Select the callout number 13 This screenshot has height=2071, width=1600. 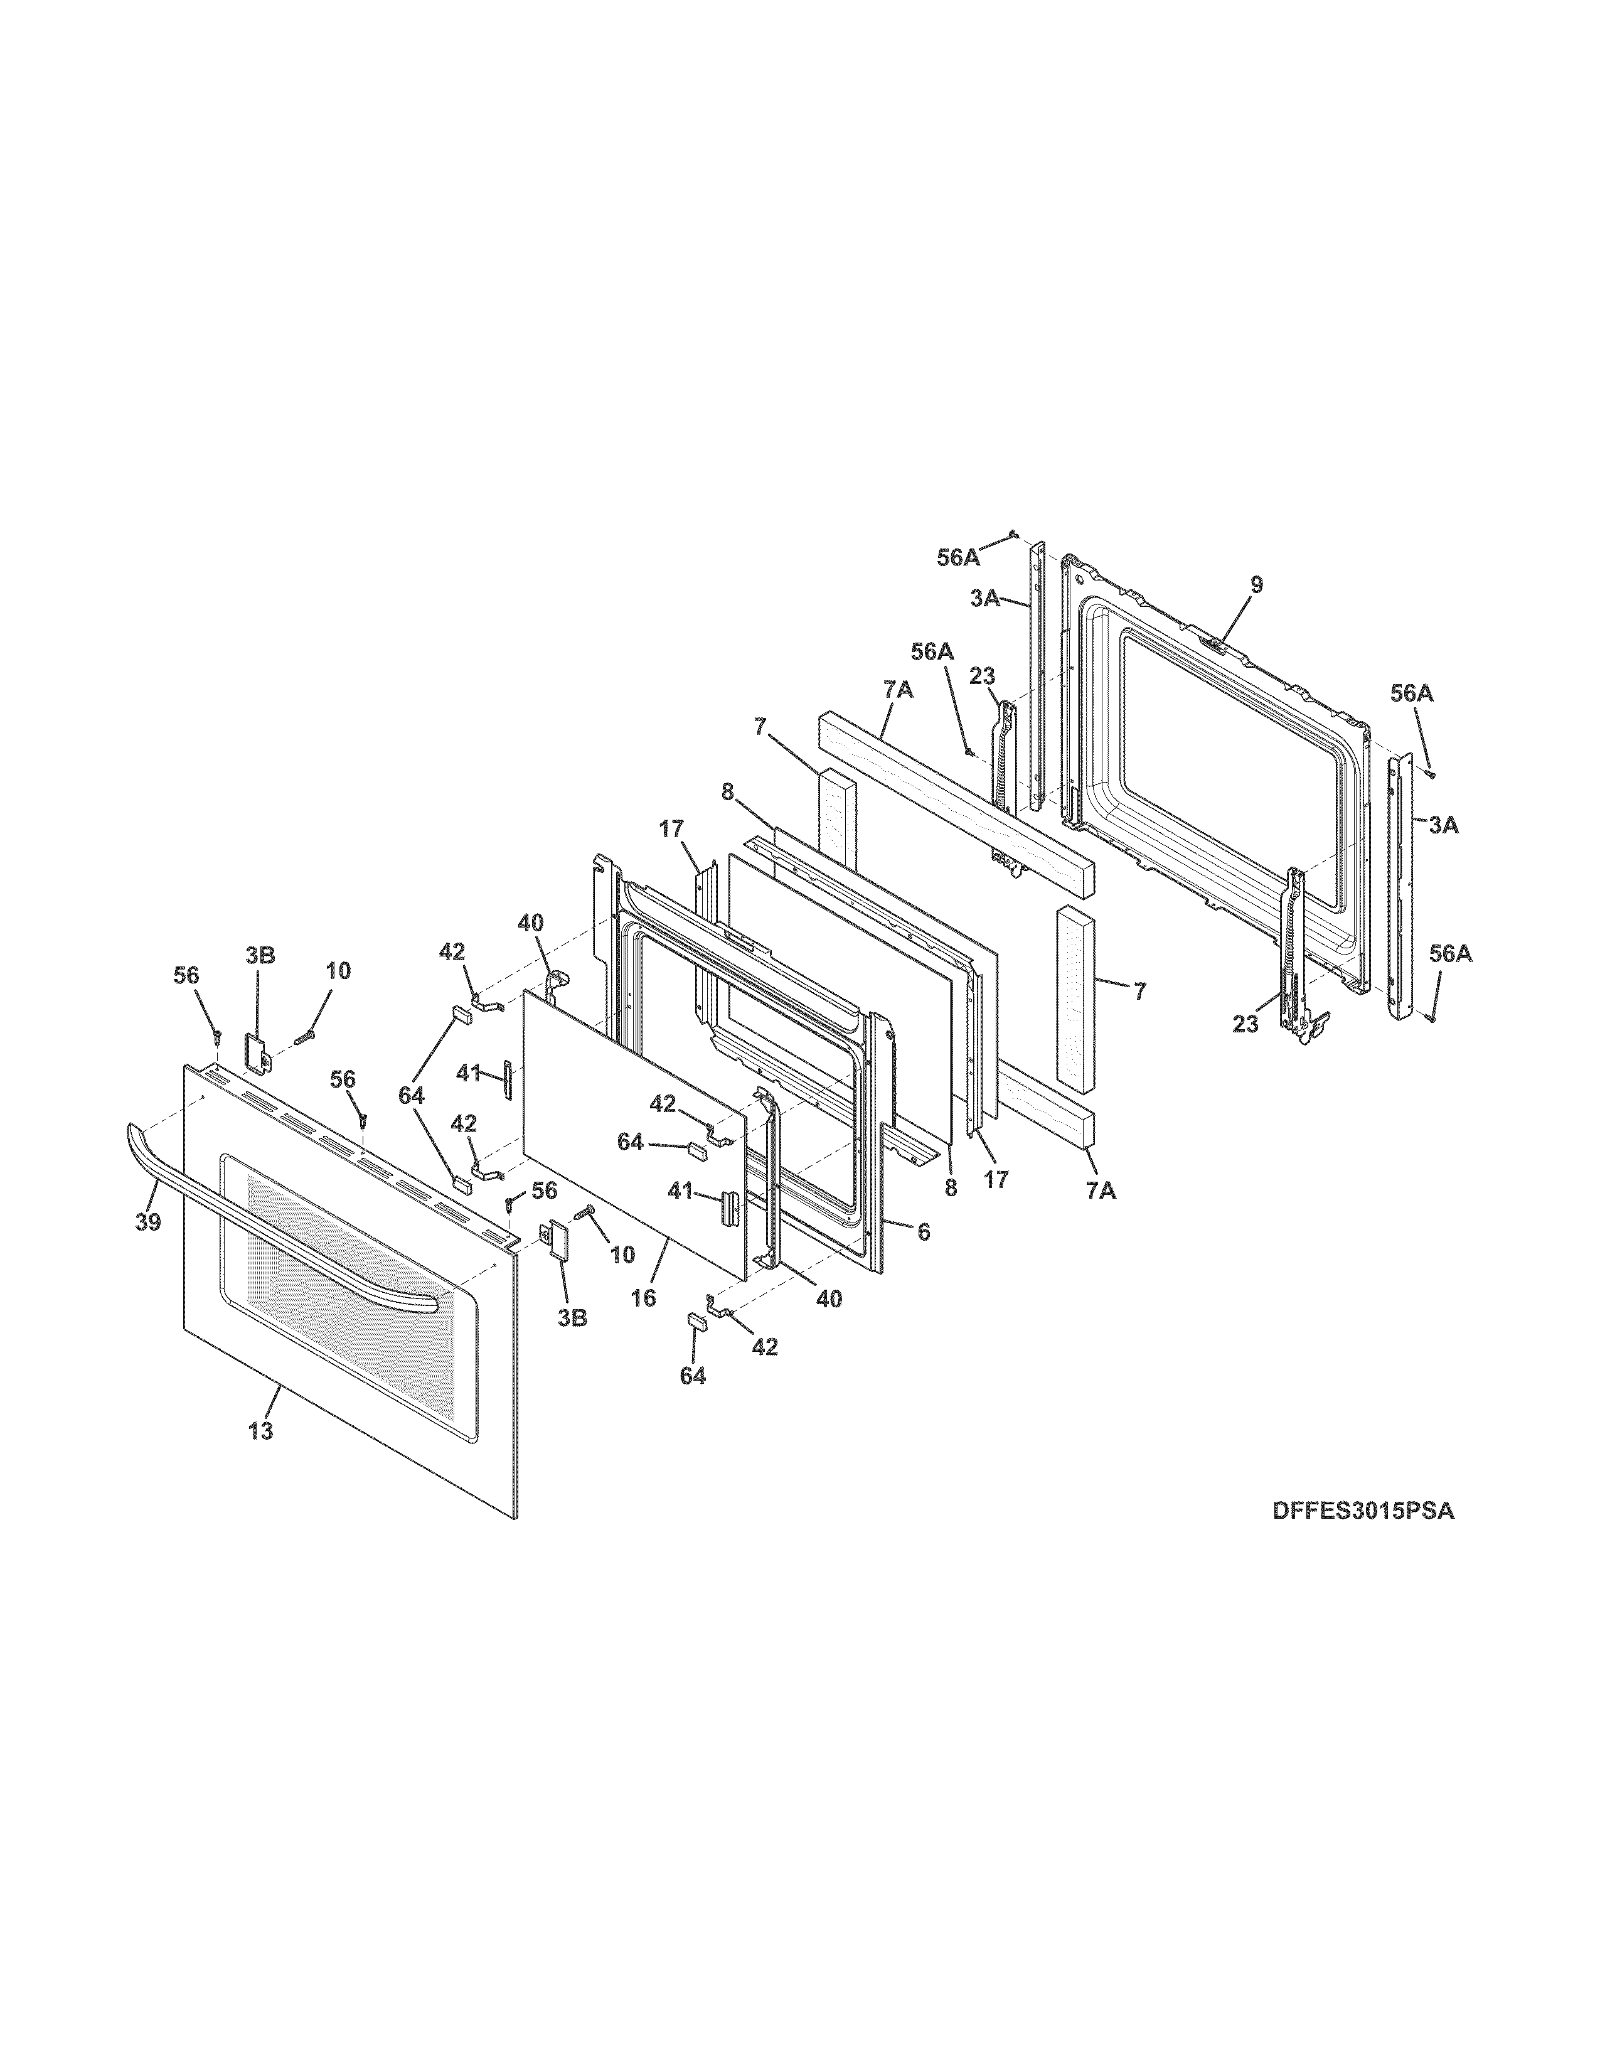coord(260,1430)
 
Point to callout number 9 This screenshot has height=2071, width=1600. coord(1256,585)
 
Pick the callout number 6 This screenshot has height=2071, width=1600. coord(923,1232)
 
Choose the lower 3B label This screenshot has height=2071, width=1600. coord(572,1317)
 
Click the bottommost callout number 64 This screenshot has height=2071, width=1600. coord(693,1375)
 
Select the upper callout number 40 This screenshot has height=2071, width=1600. coord(531,922)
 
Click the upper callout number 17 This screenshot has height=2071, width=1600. coord(671,830)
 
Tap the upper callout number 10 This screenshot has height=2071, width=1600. coord(338,970)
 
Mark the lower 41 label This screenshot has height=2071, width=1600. coord(681,1190)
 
